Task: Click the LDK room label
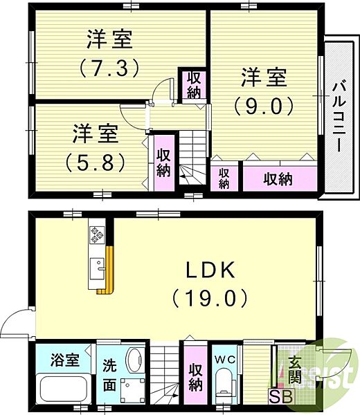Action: click(211, 270)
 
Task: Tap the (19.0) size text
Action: click(210, 298)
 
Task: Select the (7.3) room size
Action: click(109, 68)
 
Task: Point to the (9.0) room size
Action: click(264, 106)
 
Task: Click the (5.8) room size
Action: click(95, 162)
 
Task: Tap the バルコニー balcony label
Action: click(339, 116)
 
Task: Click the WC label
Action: click(224, 360)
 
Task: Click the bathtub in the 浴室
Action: click(63, 389)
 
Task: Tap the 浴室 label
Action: click(65, 360)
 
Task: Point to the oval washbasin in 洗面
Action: click(136, 358)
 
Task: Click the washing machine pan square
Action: click(133, 391)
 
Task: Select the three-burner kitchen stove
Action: click(96, 234)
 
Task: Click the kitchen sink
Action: click(98, 269)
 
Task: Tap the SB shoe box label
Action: click(281, 397)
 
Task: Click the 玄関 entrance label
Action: click(294, 374)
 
